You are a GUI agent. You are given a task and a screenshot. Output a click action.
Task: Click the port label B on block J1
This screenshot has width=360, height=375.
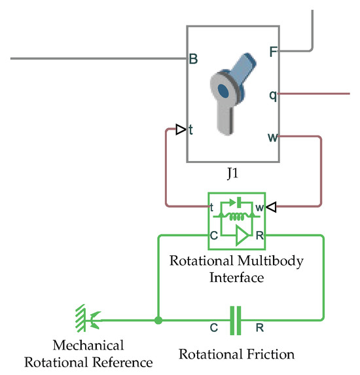pyautogui.click(x=194, y=60)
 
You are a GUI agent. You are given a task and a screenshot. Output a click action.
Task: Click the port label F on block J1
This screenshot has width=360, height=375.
pyautogui.click(x=272, y=50)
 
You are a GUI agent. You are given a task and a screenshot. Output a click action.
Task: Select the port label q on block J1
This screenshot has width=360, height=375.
pyautogui.click(x=272, y=94)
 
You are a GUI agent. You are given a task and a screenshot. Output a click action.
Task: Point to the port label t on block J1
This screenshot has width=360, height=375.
pyautogui.click(x=191, y=130)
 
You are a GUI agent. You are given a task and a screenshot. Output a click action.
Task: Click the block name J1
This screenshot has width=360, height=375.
pyautogui.click(x=233, y=175)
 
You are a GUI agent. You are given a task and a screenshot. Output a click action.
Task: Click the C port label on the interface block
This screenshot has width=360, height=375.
pyautogui.click(x=213, y=235)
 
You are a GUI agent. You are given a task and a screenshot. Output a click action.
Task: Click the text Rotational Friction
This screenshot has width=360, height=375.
pyautogui.click(x=236, y=355)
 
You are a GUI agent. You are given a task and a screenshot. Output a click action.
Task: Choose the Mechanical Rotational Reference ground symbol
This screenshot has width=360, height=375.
pyautogui.click(x=87, y=319)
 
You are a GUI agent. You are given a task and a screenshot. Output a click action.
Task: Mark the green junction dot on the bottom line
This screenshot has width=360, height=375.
pyautogui.click(x=158, y=321)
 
